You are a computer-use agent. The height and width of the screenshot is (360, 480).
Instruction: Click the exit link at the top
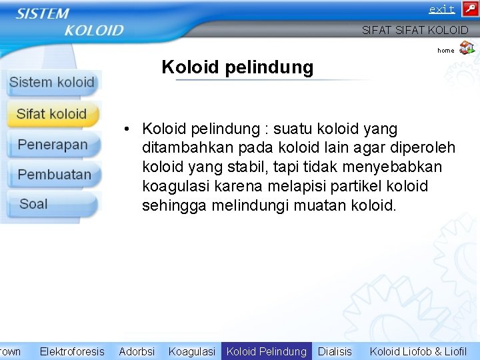click(441, 9)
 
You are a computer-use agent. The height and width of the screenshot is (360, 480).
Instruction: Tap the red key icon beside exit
click(469, 9)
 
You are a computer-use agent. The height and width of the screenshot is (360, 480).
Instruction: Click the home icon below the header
click(467, 47)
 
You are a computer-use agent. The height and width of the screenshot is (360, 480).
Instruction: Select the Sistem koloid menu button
click(52, 83)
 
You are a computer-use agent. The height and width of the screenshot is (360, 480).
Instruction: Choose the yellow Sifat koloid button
click(52, 114)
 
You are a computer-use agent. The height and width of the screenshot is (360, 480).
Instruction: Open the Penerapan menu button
click(53, 145)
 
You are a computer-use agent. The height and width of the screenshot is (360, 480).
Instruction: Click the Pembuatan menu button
click(54, 175)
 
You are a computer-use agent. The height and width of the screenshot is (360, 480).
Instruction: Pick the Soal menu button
click(34, 204)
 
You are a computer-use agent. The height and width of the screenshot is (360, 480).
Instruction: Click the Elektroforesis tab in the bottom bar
click(72, 351)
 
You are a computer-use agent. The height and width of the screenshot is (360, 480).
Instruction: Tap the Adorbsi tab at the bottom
click(137, 351)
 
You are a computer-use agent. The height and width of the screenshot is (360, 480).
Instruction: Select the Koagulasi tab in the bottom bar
click(192, 351)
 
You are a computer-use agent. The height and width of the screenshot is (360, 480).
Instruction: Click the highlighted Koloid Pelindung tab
click(267, 351)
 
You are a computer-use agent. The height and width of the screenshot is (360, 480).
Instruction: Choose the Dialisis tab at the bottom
click(335, 351)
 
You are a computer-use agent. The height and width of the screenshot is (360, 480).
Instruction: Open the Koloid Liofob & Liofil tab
click(419, 351)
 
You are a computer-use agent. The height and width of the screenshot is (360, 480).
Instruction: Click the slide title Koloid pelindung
click(237, 67)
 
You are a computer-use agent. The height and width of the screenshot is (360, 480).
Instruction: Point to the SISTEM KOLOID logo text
click(70, 22)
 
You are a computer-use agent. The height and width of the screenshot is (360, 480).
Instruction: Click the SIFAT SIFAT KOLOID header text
click(415, 30)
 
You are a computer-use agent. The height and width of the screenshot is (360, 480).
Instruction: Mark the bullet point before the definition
click(125, 129)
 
